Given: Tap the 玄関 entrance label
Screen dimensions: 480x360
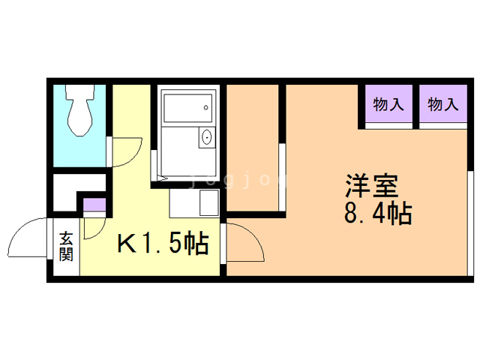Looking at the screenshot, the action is coord(67,247).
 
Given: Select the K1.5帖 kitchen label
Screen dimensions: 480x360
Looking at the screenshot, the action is coord(163,244).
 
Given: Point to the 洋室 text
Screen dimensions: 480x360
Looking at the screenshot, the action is coord(372,186).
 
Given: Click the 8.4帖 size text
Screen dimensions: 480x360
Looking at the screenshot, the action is coord(378,213).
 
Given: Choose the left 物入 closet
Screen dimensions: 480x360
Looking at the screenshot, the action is coord(388,103).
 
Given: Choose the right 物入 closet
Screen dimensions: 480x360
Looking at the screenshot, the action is coord(443,103).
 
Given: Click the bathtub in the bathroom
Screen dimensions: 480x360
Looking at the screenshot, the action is coord(187,108).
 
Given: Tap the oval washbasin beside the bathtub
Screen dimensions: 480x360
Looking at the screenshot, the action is coord(207,136).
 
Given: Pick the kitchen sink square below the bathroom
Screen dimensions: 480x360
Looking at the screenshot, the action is coord(209,202).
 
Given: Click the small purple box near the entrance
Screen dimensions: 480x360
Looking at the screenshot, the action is coord(94,205).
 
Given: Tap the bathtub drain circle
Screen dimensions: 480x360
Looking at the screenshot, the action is coord(206,107).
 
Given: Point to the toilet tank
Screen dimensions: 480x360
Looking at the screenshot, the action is coord(80,91).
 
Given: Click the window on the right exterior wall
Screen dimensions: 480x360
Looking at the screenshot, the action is coord(470,223).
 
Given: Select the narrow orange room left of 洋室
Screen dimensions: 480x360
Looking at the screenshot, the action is coord(253,148).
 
